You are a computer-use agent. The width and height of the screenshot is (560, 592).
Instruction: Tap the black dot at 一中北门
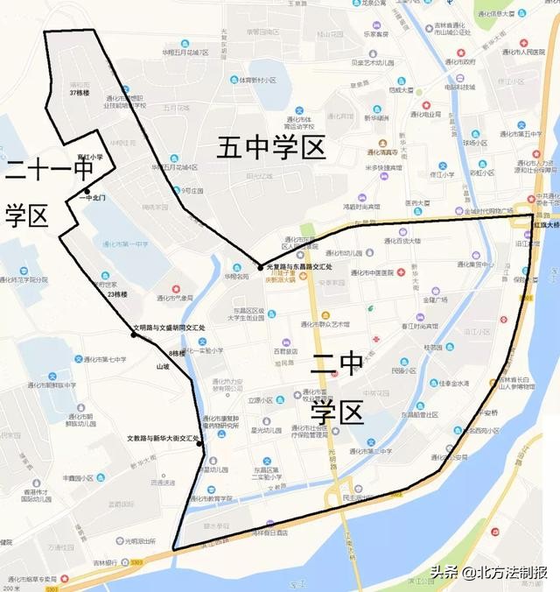coord(87,190)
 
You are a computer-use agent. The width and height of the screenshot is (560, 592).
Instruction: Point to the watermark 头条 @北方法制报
coord(488,573)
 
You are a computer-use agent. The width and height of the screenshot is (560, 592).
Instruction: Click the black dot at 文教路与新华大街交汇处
coord(200,443)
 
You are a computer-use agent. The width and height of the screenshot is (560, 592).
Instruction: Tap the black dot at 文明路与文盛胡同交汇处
coord(134,335)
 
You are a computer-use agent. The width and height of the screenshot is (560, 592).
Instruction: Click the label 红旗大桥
coord(545,224)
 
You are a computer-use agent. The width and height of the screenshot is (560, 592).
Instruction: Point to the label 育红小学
coord(91,157)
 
